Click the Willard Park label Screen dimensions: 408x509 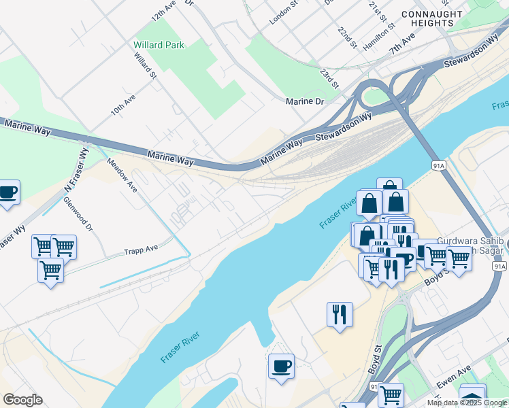click(x=159, y=45)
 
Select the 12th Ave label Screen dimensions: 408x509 click(x=163, y=10)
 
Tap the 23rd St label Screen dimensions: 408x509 click(x=330, y=78)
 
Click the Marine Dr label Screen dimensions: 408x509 click(x=305, y=101)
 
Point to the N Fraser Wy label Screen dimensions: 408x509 click(x=76, y=169)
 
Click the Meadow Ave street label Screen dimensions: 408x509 click(x=122, y=174)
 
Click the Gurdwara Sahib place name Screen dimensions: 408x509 click(x=471, y=242)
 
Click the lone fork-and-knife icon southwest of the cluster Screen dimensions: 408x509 click(x=340, y=313)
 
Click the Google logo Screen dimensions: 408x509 click(x=22, y=400)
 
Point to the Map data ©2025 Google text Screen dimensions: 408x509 click(x=466, y=403)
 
